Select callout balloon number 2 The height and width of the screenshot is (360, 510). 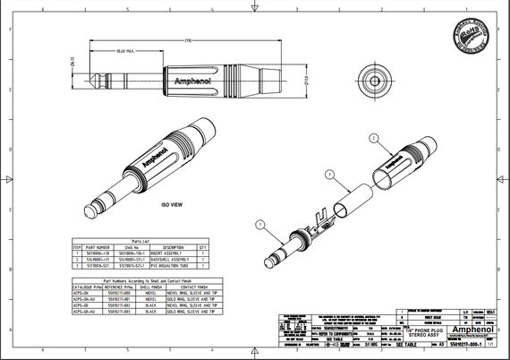pos(372,137)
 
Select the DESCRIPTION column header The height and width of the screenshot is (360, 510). pos(172,246)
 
